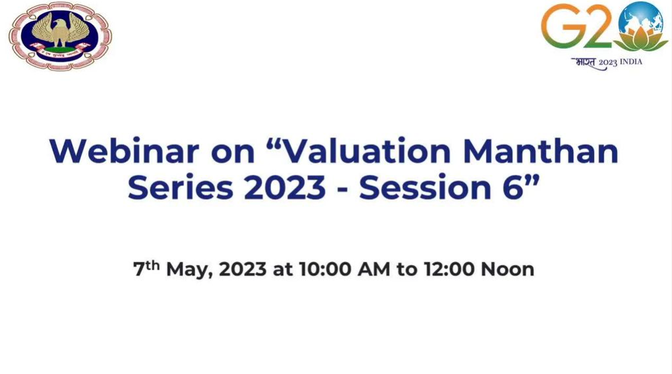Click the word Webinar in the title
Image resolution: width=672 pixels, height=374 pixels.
(x=124, y=151)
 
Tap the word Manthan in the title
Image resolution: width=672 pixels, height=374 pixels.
(x=541, y=151)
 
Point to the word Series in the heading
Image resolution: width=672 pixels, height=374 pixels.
(x=181, y=187)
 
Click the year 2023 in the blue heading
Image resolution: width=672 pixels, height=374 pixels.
(x=285, y=187)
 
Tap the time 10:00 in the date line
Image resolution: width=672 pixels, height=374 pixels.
(x=325, y=269)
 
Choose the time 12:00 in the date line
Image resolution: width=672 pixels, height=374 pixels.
(x=449, y=269)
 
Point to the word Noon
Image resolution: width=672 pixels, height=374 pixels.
(x=507, y=269)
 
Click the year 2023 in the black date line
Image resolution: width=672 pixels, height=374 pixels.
(x=243, y=269)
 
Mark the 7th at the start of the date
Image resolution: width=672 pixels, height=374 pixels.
(x=146, y=268)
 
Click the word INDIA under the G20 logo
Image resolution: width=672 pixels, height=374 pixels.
(x=631, y=62)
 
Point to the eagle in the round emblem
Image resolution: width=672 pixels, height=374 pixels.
(x=61, y=30)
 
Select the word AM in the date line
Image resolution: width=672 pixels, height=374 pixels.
(x=374, y=269)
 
